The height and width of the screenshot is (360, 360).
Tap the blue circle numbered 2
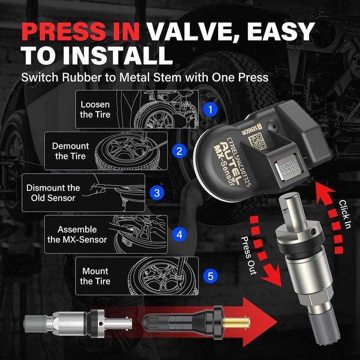[179, 151]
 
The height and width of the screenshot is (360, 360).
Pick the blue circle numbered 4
[179, 235]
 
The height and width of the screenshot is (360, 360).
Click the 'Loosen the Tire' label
[95, 110]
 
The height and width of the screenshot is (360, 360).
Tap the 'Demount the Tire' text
[70, 151]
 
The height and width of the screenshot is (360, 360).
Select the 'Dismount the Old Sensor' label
[53, 193]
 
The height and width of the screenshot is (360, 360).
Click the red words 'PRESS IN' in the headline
[80, 31]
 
